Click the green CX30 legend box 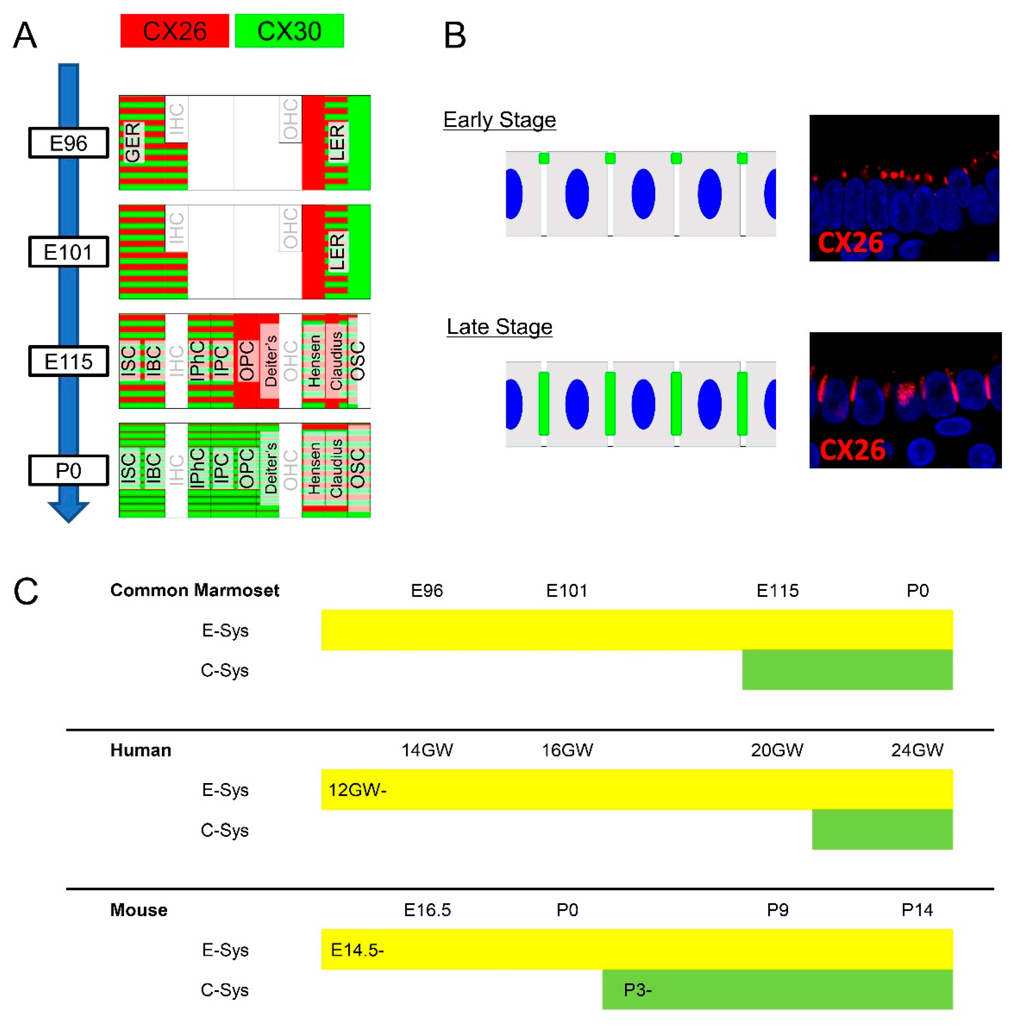(289, 31)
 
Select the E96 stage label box (69, 143)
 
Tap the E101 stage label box (69, 252)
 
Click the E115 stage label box (69, 361)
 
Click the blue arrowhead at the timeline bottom (69, 511)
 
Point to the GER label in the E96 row (133, 142)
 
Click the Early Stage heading (500, 120)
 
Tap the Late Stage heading (500, 327)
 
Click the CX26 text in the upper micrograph (850, 243)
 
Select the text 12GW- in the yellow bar (357, 790)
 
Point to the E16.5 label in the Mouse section (427, 910)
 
